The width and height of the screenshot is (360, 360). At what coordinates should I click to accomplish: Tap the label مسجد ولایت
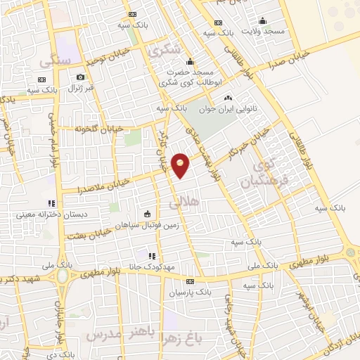264,32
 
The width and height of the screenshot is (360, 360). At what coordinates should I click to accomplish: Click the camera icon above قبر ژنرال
81,77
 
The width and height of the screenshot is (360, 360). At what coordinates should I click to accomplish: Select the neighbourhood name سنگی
56,62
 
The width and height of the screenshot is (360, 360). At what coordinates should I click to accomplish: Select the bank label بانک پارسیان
193,290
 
